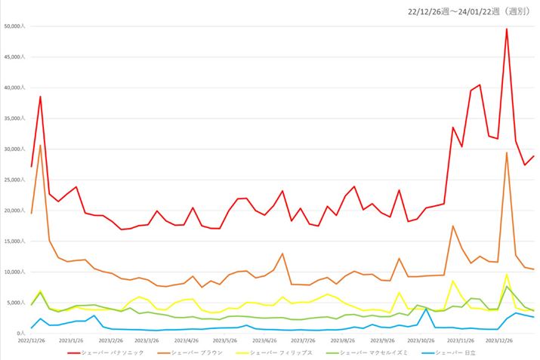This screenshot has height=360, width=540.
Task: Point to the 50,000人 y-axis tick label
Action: pos(15,26)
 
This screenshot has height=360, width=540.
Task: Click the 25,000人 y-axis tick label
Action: pos(15,180)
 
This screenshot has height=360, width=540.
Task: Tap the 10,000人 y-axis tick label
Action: pos(15,272)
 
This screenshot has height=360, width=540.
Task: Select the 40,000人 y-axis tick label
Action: pos(15,88)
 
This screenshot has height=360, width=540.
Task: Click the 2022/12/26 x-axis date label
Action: pos(20,341)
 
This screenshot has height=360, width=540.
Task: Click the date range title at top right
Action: pos(470,11)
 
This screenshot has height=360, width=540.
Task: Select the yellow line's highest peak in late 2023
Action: pos(507,274)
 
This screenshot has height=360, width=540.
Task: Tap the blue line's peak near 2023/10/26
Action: pos(427,309)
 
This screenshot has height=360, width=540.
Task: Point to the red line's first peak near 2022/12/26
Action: pos(40,97)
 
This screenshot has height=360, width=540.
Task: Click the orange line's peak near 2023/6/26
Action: pos(282,254)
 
